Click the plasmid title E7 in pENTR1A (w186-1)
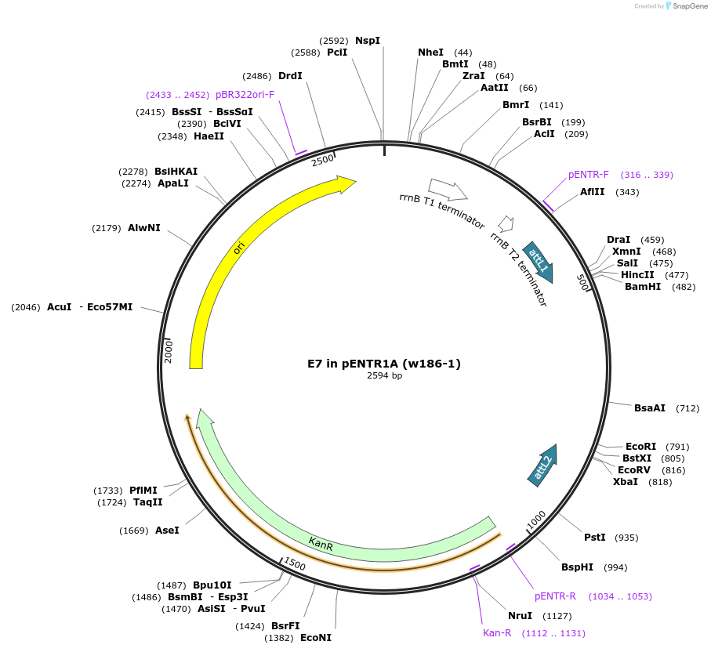point(384,364)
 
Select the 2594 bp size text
point(384,376)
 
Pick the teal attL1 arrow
point(539,261)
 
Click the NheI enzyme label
point(430,53)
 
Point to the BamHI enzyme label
point(642,287)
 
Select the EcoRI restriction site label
point(640,447)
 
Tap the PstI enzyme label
point(595,538)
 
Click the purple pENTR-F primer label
point(588,175)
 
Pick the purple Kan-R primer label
point(497,633)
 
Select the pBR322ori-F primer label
point(245,95)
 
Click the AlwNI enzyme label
point(143,228)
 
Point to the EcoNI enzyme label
point(316,638)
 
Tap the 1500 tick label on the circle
point(295,563)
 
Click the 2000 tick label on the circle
point(169,350)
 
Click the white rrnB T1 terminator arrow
point(448,189)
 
